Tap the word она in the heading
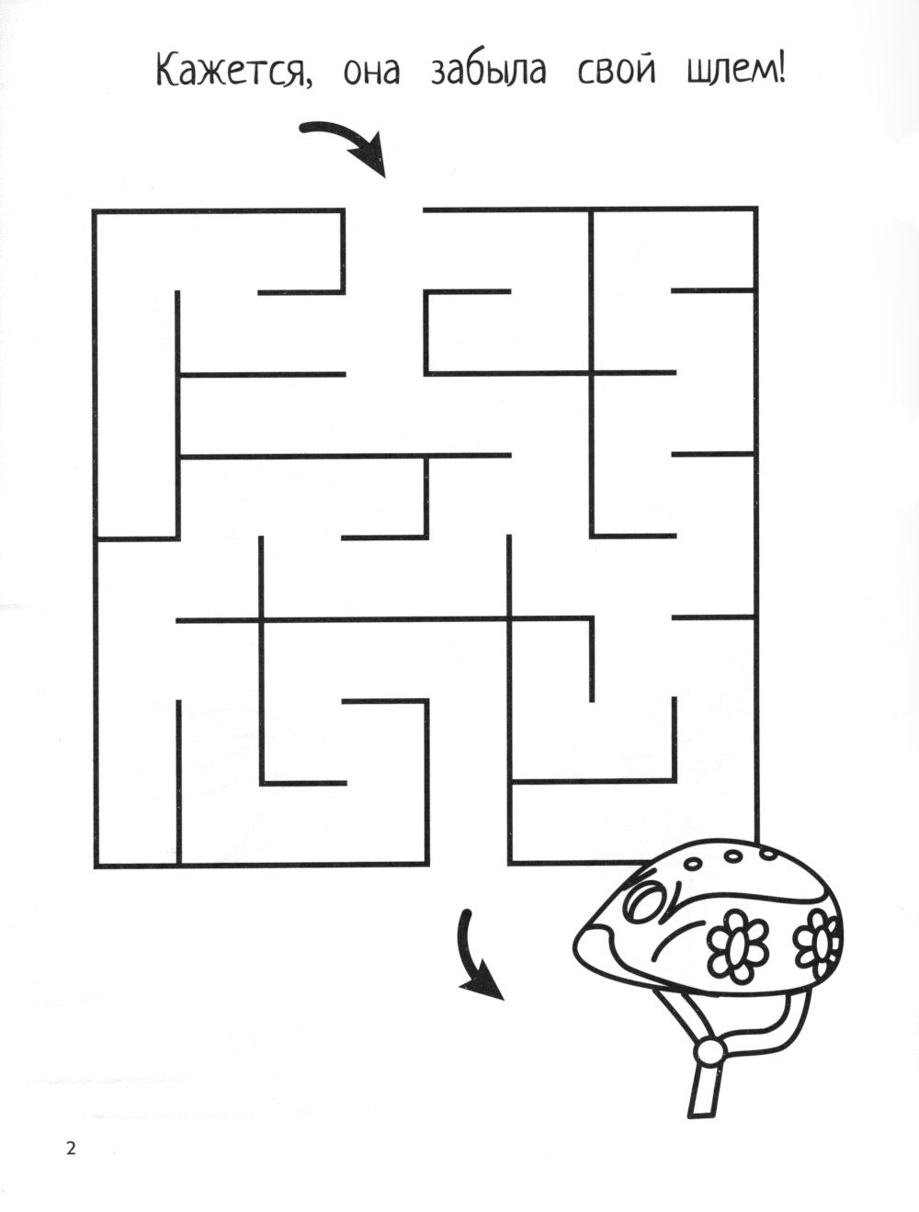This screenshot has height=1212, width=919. pos(371,74)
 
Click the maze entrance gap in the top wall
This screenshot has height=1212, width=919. pos(384,210)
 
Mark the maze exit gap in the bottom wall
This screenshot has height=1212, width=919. pos(469,864)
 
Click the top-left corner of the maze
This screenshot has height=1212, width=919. pos(95,210)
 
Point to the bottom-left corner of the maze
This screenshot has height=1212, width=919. pos(96,866)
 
